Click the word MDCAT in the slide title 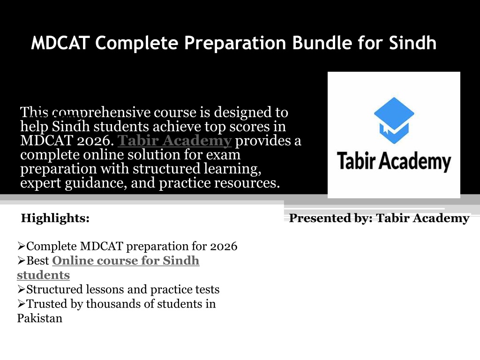(60, 43)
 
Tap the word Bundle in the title (322, 43)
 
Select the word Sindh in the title (412, 43)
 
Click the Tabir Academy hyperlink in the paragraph (174, 141)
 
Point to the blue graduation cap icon (394, 120)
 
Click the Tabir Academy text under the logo (394, 161)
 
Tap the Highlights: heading (55, 218)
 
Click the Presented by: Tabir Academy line (379, 218)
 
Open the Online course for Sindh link (126, 261)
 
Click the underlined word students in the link (44, 275)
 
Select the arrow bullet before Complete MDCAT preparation (22, 246)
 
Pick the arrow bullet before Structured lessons (22, 289)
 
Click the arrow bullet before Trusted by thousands (22, 303)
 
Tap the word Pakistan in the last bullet (40, 318)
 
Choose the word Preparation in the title (235, 43)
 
